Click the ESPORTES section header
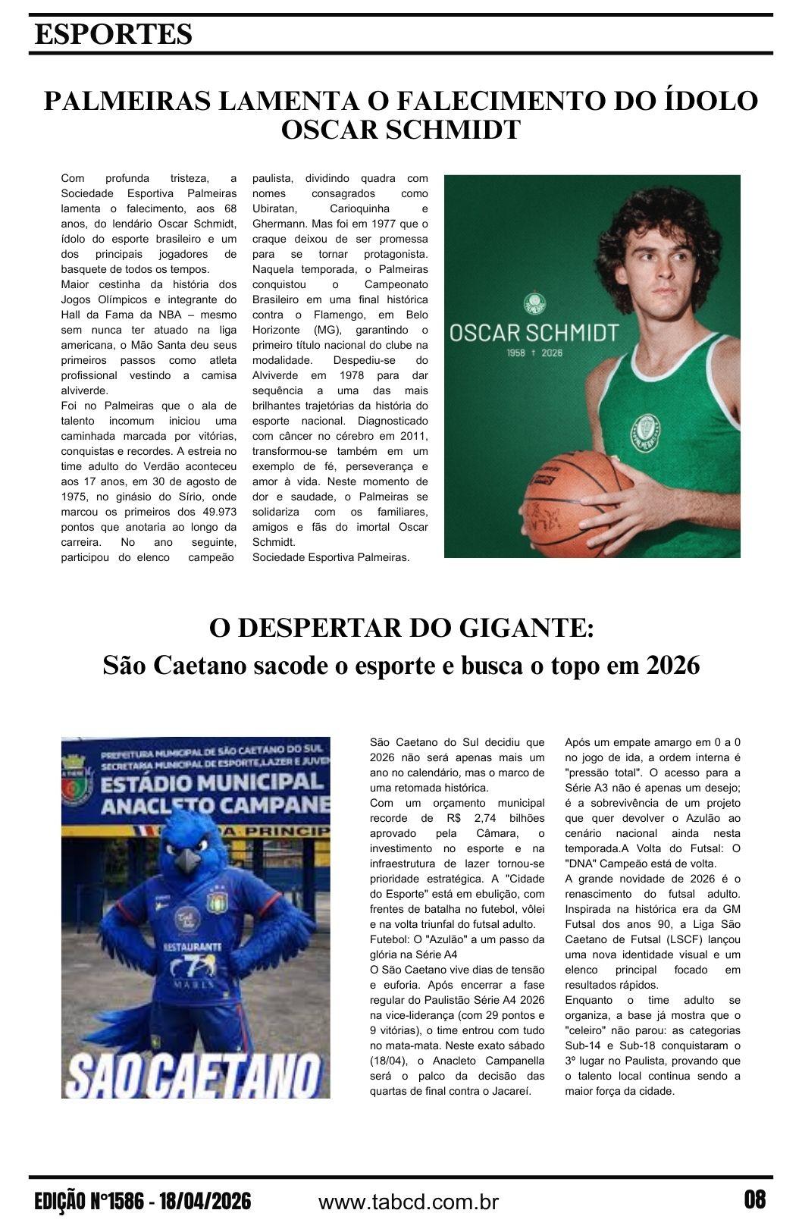pos(113,34)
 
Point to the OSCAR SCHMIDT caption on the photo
pos(534,333)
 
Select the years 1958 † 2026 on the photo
pos(534,353)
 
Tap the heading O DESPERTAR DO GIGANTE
pos(401,629)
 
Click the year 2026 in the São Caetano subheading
pos(672,666)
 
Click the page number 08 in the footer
pos(754,1200)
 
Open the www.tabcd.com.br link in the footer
pos(409,1202)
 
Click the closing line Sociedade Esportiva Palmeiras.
pos(331,557)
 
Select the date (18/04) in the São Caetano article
pos(390,1061)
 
